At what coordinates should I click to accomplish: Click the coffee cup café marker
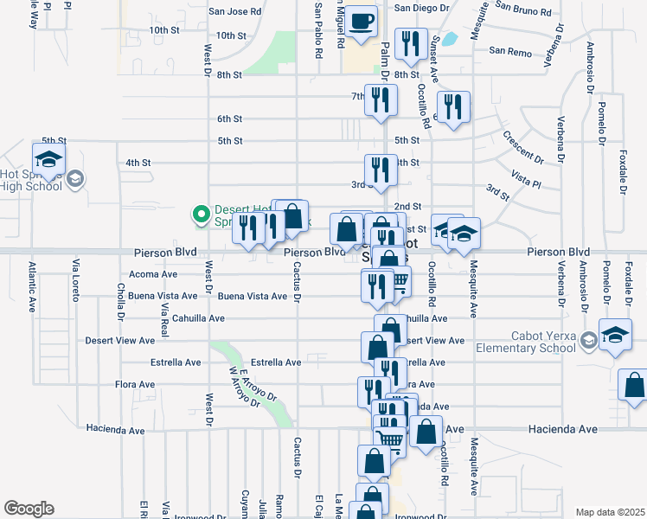(363, 21)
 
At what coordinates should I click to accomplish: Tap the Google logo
(29, 508)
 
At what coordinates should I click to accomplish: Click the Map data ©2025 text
(609, 512)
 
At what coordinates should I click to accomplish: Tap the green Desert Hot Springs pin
(201, 212)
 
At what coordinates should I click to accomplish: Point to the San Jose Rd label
(235, 12)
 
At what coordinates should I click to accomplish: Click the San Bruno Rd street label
(523, 12)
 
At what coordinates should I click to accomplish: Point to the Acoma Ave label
(152, 274)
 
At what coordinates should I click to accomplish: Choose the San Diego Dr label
(423, 7)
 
